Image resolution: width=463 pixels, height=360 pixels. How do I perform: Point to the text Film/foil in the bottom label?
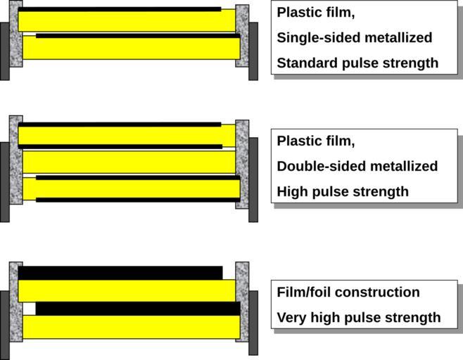pyautogui.click(x=303, y=292)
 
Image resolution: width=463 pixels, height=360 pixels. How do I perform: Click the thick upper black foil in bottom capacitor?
pyautogui.click(x=120, y=273)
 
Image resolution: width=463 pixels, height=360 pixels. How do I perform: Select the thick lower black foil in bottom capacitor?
pyautogui.click(x=137, y=309)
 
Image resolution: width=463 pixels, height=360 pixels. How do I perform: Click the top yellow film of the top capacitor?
pyautogui.click(x=127, y=21)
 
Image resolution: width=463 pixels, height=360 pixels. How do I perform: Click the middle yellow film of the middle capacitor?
pyautogui.click(x=131, y=162)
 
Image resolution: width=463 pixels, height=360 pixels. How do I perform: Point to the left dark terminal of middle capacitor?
pyautogui.click(x=5, y=181)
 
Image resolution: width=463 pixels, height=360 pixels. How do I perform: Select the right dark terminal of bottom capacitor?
pyautogui.click(x=253, y=322)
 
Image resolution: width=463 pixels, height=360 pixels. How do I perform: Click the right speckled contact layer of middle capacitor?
pyautogui.click(x=242, y=163)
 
